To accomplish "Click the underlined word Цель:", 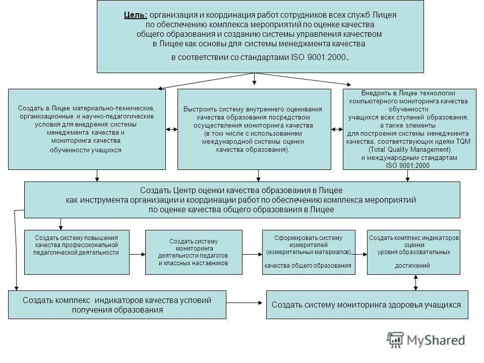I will click(x=136, y=14).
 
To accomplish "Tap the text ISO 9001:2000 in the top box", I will click(x=319, y=57).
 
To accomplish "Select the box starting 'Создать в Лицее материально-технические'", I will click(x=87, y=129).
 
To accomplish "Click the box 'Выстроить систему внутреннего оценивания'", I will click(x=254, y=129).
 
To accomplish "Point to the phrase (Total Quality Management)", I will click(x=409, y=150).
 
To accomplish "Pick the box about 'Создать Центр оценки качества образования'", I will click(x=242, y=200).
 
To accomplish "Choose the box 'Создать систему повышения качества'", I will click(x=77, y=252).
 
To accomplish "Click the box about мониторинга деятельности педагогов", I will click(x=194, y=252).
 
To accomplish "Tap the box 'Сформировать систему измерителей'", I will click(x=308, y=252).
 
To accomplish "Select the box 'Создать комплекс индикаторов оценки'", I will click(x=414, y=252).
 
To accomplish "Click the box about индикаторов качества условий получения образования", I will click(x=117, y=305).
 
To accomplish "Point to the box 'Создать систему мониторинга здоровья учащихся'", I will click(x=367, y=305).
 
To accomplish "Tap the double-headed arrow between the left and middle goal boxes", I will click(x=171, y=130).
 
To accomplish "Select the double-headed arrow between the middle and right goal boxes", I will click(x=337, y=130).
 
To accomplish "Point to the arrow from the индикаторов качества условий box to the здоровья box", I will click(x=246, y=303).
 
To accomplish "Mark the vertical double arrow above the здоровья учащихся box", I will click(x=415, y=282).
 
